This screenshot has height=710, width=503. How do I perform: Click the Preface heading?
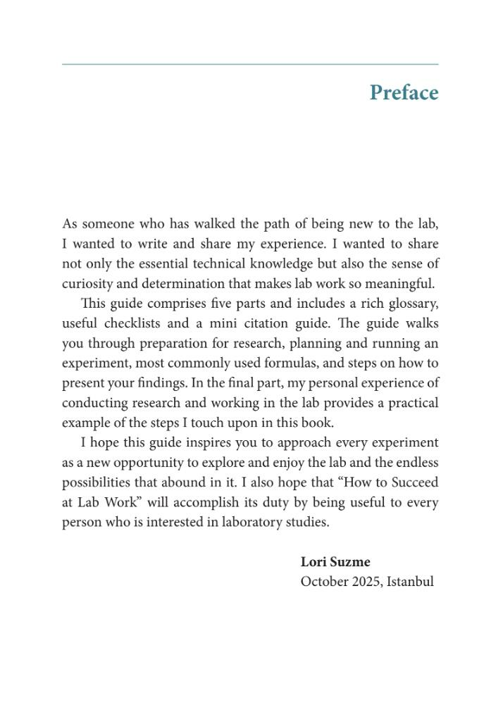[x=404, y=93]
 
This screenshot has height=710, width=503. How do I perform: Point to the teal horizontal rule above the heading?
[x=250, y=64]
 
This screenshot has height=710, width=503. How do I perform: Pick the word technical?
[x=243, y=264]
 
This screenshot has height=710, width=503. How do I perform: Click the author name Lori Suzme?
[x=335, y=562]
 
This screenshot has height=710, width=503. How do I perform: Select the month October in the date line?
[x=324, y=582]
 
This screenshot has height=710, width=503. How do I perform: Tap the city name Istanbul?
[x=411, y=582]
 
